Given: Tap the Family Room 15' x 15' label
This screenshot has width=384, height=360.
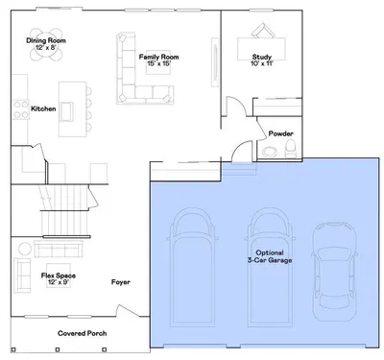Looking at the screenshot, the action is point(158,60).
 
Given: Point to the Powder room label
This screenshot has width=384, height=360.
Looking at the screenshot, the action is point(280,133).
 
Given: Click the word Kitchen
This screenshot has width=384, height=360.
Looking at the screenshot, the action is point(43,108).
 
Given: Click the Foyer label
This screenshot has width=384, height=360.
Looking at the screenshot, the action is point(121,282).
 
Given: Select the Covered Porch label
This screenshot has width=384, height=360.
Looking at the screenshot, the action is point(83,333).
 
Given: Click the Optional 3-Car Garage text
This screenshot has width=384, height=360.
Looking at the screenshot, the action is point(270,256).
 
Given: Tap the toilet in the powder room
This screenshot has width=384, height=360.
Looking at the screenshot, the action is point(291,150).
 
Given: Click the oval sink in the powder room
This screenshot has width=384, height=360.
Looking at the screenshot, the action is point(271,152).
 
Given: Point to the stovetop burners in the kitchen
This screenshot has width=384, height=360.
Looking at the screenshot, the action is point(21,109).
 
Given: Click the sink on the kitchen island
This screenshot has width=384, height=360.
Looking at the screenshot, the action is point(67,111).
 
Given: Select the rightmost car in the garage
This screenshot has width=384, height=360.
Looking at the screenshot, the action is point(334,272).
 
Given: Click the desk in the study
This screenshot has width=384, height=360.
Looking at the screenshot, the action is point(261,49).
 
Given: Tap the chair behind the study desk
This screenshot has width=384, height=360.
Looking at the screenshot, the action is point(263,32).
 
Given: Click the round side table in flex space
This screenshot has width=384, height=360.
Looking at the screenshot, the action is point(24,249).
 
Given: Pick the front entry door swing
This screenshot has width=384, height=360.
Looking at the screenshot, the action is point(128,311).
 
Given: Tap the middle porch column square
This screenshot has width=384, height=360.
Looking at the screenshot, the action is point(58,349).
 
